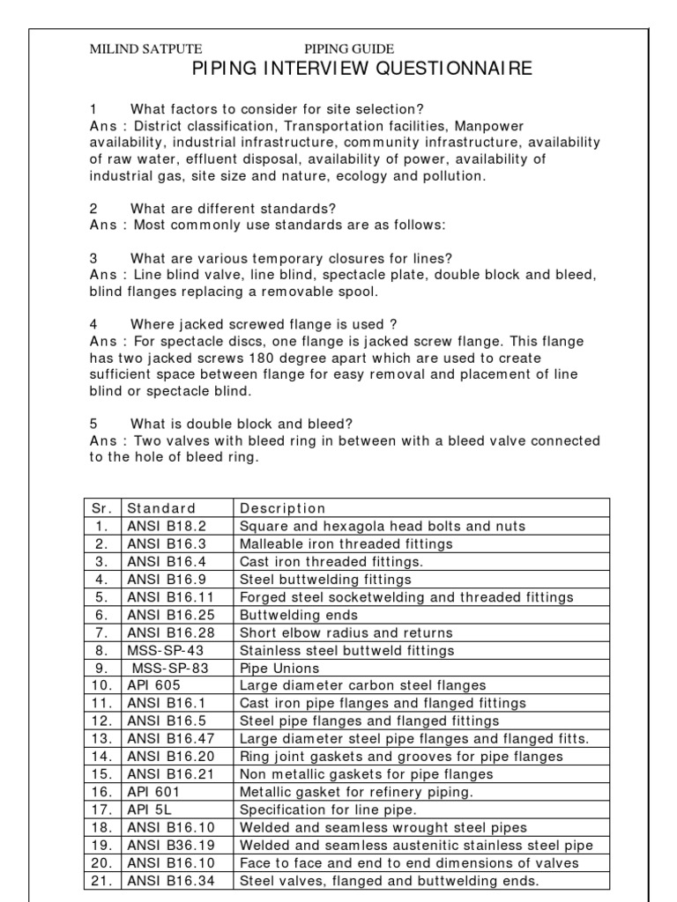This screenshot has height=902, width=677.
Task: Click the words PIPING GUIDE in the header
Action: pos(349,49)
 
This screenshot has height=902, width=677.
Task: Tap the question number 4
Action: pos(93,324)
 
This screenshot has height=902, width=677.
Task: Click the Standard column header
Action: pos(161,508)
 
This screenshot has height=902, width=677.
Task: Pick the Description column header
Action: pos(282,508)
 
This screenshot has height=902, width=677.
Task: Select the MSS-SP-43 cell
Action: pos(164,650)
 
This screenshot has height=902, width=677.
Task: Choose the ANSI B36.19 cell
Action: pos(168,846)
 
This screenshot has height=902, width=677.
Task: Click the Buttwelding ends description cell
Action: pos(299,615)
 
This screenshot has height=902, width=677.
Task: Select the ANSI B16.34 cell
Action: pos(168,881)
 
